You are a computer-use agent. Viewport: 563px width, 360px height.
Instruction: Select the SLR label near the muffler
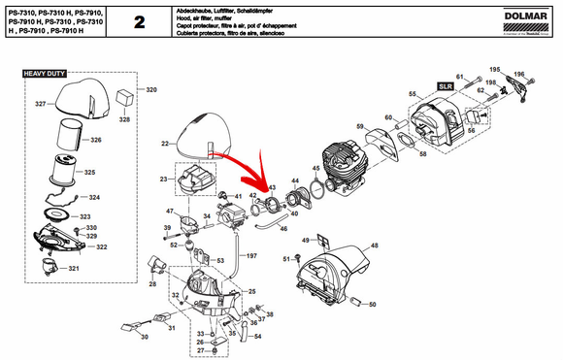pos(447,86)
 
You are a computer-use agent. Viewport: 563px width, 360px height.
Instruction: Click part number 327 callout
pos(41,103)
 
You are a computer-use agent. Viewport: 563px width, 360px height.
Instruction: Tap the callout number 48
pos(375,246)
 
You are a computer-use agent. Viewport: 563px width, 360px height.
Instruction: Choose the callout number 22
pos(164,144)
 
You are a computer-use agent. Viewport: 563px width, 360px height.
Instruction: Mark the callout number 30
pos(143,337)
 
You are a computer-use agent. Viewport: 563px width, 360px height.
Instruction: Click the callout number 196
pos(518,75)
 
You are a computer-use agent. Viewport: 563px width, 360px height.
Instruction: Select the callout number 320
pos(150,89)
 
